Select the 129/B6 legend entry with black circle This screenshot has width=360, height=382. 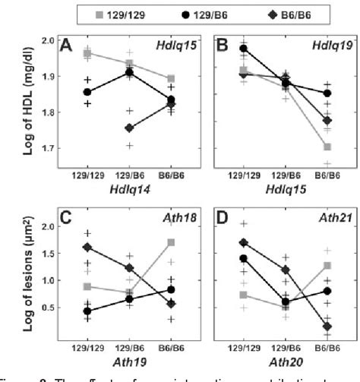click(x=201, y=13)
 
